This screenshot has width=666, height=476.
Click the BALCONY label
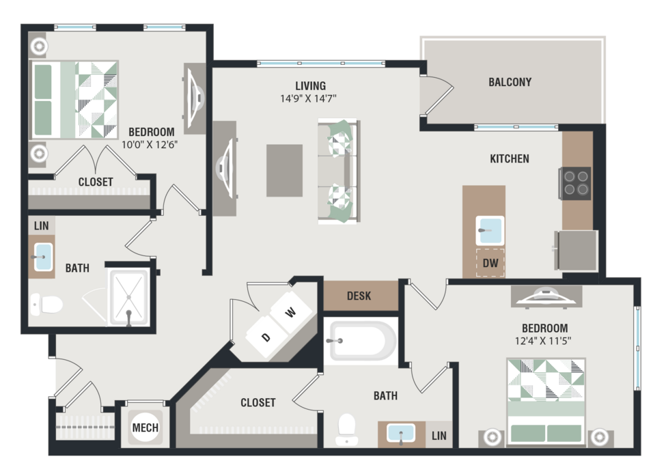pos(510,82)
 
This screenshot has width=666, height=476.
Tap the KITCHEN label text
pos(510,159)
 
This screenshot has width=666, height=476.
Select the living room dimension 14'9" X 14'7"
pos(308,98)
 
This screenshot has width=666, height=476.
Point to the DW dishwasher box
pos(490,263)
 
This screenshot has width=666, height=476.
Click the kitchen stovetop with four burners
pos(576,183)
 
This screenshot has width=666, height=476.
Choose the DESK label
pos(359,296)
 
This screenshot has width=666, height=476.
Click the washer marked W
pos(291,312)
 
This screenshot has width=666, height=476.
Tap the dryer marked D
pos(267,337)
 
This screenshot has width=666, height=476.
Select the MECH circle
pos(145,428)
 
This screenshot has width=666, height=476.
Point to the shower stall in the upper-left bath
pos(128,296)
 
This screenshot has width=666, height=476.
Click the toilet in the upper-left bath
pos(46,304)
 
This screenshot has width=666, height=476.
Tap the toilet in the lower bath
pos(346,430)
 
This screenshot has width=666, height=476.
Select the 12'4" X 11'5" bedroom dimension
pos(543,341)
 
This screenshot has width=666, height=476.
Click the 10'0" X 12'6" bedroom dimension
pos(150,145)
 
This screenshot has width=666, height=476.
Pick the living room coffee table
pos(285,170)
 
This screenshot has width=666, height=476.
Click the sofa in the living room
pos(339,171)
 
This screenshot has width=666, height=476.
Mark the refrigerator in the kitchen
pos(576,251)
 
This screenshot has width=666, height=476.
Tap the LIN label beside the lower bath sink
pos(439,436)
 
